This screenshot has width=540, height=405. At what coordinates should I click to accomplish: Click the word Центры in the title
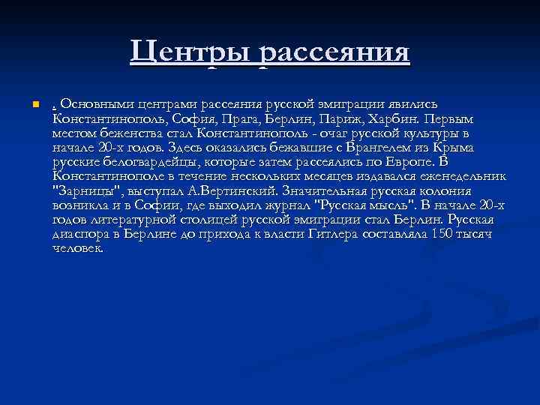click(190, 52)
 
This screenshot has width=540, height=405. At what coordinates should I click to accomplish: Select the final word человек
click(78, 247)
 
